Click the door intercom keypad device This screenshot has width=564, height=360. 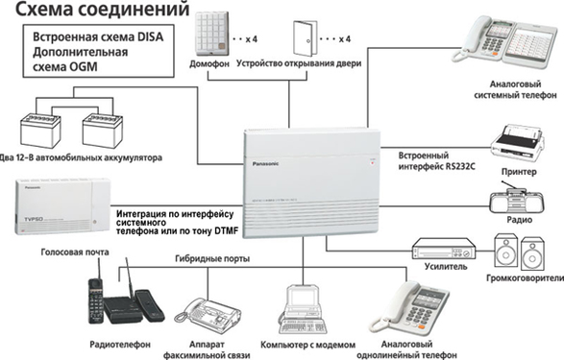(211, 34)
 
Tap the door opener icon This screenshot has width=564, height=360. (305, 38)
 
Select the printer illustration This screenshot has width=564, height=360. (517, 144)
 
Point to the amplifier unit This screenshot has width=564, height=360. (444, 249)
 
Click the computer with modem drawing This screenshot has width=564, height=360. (303, 309)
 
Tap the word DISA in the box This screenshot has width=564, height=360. (150, 36)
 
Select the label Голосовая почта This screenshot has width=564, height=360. (75, 252)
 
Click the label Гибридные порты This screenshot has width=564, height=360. (212, 258)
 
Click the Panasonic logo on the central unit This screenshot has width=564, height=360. (265, 164)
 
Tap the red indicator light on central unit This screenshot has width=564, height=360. (373, 163)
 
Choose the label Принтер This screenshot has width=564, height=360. (519, 172)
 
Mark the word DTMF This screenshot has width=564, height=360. (226, 231)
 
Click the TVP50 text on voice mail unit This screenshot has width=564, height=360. (34, 219)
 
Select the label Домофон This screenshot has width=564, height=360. (209, 64)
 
